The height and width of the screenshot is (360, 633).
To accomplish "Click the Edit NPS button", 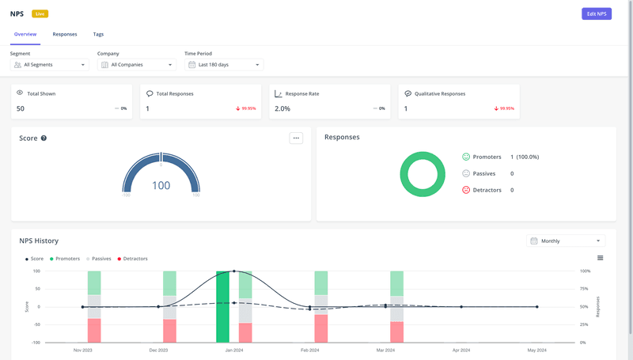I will (596, 13).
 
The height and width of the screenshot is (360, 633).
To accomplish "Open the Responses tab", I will (65, 35).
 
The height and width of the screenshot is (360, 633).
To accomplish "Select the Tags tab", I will (98, 35).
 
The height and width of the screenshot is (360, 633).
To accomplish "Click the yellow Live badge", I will (40, 13).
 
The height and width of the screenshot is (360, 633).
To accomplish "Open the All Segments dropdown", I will (50, 65).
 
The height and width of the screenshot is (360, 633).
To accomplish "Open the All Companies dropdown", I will (137, 65).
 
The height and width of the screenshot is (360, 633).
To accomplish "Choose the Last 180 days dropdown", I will (224, 65).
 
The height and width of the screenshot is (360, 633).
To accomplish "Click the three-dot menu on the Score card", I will (297, 138).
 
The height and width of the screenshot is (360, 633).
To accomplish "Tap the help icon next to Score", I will (44, 138).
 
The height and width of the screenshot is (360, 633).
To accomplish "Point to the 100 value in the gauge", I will (161, 185).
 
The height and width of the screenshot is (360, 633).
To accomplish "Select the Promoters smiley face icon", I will (466, 157).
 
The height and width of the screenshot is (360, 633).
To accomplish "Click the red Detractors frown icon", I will (466, 190).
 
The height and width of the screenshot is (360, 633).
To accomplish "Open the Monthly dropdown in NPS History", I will (567, 241).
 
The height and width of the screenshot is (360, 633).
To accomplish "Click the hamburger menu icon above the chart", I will (600, 258).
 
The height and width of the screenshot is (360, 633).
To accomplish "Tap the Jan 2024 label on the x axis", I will (234, 350).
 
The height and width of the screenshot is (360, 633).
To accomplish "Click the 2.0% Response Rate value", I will (282, 108).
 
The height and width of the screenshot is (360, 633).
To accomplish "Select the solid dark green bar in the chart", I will (223, 308).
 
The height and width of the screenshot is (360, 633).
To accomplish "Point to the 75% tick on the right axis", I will (583, 289).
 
